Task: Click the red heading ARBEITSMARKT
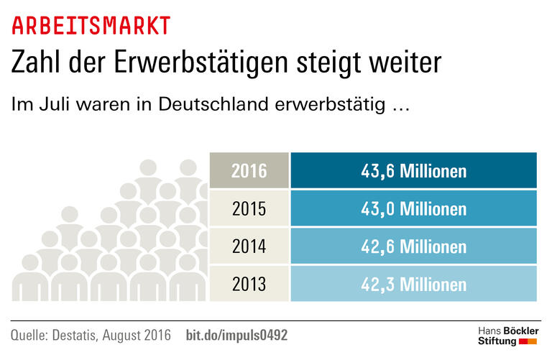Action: click(x=91, y=25)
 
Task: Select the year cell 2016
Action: click(x=249, y=171)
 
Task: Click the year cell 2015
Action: click(x=249, y=208)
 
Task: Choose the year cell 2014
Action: click(x=249, y=246)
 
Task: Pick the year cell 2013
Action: click(x=249, y=284)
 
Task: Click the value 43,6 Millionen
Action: click(x=413, y=171)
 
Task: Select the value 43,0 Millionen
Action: click(x=413, y=208)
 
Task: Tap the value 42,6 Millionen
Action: click(x=413, y=246)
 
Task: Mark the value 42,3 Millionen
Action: click(x=413, y=284)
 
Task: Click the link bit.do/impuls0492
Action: click(x=237, y=335)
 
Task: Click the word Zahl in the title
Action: click(x=36, y=63)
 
